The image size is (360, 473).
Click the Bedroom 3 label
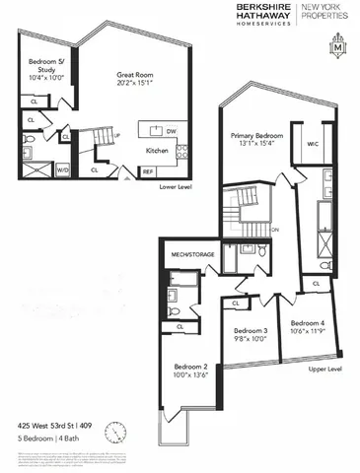(251, 330)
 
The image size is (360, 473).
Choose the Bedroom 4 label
(308, 323)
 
